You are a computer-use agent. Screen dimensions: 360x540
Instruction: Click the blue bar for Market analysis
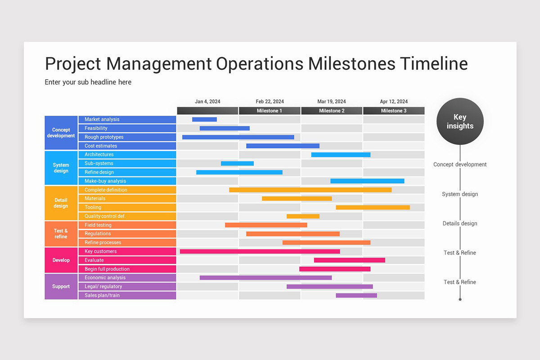(x=204, y=119)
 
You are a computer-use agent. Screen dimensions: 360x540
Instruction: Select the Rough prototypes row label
(x=104, y=137)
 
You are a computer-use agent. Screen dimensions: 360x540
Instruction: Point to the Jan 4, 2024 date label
(x=207, y=102)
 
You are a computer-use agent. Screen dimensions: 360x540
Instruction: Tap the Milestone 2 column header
(x=332, y=111)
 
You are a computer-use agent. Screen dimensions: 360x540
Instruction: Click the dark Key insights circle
(x=460, y=121)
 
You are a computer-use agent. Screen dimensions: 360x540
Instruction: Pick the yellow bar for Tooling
(x=373, y=207)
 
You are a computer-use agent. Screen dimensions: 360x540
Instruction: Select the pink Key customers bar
(x=260, y=252)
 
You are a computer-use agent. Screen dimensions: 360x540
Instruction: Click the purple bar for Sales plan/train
(x=356, y=296)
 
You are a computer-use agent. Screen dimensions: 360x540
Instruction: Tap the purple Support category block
(x=61, y=287)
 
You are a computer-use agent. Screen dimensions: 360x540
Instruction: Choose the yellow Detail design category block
(x=61, y=203)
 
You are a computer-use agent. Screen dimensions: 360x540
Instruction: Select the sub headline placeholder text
(x=88, y=82)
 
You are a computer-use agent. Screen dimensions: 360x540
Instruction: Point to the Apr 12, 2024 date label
(x=394, y=102)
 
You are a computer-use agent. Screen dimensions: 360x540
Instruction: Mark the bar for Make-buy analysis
(x=367, y=181)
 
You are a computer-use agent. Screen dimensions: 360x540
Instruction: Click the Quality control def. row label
(x=105, y=216)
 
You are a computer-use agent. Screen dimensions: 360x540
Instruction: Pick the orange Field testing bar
(x=266, y=225)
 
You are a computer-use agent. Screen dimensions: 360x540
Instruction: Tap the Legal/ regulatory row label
(x=103, y=287)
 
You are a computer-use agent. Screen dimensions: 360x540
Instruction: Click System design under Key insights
(x=460, y=194)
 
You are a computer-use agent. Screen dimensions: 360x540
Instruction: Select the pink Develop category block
(x=61, y=260)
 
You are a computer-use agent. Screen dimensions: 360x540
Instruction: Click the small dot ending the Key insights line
(x=460, y=299)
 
